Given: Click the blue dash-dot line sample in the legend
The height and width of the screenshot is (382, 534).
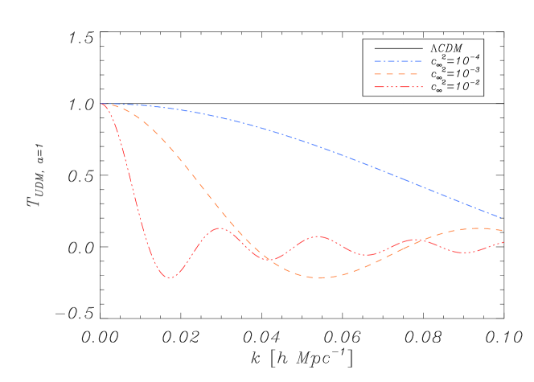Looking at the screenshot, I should [x=397, y=61].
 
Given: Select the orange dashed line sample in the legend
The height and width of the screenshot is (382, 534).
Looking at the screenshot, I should [x=397, y=74].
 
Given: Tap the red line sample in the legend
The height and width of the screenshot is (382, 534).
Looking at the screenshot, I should [x=397, y=87].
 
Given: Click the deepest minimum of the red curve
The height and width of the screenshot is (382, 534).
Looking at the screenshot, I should [x=170, y=278].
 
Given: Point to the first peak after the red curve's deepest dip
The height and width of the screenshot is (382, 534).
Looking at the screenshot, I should [x=219, y=228].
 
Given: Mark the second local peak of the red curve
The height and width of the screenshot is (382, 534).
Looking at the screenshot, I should [x=319, y=236].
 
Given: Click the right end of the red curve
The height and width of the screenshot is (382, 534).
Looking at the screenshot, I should [x=503, y=242].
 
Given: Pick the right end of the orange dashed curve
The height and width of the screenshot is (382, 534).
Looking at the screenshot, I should [x=503, y=231].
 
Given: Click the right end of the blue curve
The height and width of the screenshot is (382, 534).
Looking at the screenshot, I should [x=503, y=218].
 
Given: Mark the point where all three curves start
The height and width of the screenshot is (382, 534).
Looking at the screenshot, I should [x=101, y=104].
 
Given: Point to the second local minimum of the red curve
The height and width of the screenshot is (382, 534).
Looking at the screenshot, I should [x=270, y=261].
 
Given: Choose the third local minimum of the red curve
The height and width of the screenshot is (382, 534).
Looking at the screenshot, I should [x=368, y=255].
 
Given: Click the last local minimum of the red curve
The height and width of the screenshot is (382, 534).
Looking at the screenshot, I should [x=465, y=253].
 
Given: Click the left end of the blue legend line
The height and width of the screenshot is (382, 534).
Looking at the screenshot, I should [x=374, y=61].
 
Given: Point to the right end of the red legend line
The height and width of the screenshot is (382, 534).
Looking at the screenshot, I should [x=421, y=87].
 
